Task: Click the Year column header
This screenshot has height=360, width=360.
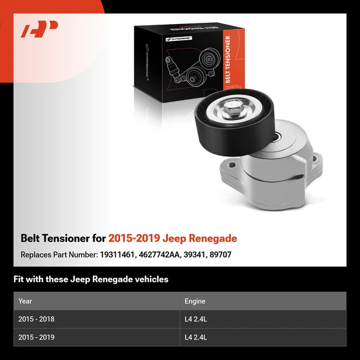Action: (25, 301)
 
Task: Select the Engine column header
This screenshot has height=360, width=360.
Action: (194, 301)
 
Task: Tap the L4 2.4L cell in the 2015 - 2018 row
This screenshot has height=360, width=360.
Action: (196, 319)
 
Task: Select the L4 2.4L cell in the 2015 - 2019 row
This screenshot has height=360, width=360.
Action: (196, 337)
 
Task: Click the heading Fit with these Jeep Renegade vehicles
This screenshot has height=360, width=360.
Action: (91, 279)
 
